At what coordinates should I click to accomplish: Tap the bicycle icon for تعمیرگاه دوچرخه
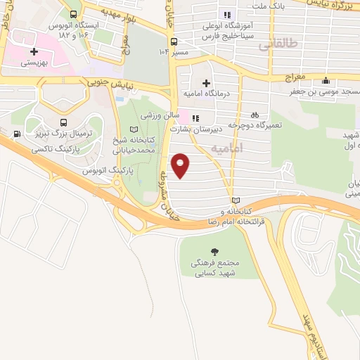pyautogui.click(x=255, y=115)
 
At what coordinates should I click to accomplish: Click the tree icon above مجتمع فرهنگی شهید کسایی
pyautogui.click(x=215, y=251)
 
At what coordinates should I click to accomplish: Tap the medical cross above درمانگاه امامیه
pyautogui.click(x=205, y=83)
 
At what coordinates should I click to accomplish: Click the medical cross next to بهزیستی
pyautogui.click(x=33, y=51)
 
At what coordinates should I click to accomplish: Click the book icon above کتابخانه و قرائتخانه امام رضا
pyautogui.click(x=235, y=200)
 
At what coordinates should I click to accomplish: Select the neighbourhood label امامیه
pyautogui.click(x=227, y=149)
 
